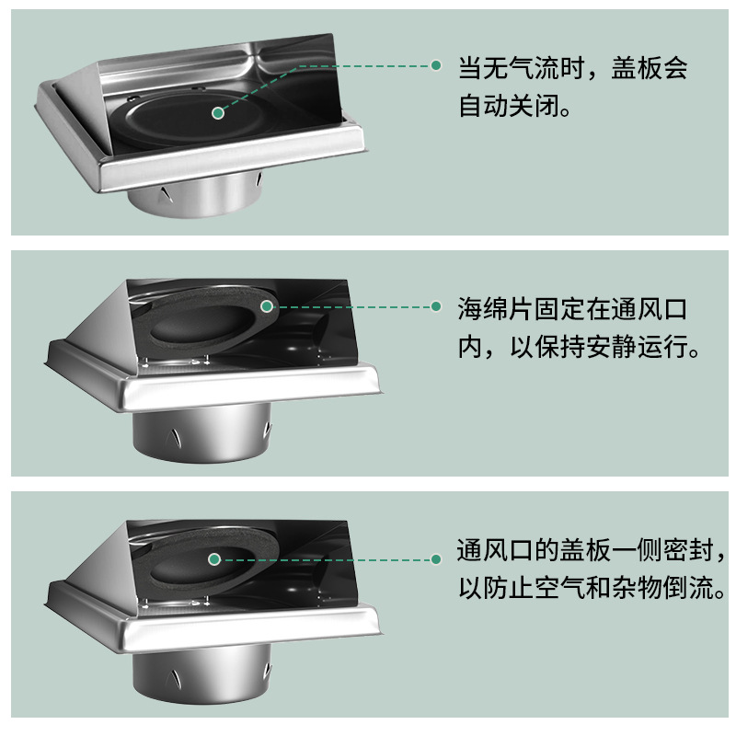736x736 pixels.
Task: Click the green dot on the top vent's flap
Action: coord(218,113)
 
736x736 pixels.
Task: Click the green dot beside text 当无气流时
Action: coord(436,65)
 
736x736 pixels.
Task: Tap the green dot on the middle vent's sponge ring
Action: coord(266,306)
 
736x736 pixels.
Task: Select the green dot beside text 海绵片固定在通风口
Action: coord(436,306)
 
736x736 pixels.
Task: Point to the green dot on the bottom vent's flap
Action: coord(214,559)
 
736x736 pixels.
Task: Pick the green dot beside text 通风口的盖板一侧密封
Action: coord(436,559)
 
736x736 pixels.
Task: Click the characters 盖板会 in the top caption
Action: coord(650,68)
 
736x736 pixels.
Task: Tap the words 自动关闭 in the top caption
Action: coord(510,106)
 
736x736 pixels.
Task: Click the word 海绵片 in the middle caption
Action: coord(496,309)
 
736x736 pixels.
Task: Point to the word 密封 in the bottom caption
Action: coord(687,550)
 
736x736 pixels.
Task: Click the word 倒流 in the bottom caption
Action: coord(687,588)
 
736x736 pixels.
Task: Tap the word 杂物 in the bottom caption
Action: coord(637,588)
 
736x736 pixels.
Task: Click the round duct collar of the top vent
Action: coord(195,196)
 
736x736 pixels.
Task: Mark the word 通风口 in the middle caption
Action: coord(650,309)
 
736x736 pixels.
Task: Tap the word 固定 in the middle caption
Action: coord(559,309)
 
